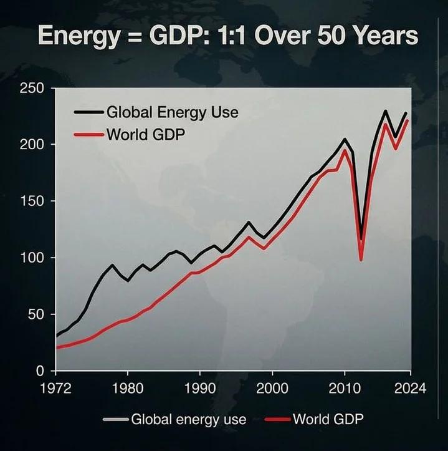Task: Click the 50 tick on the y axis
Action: tap(34, 314)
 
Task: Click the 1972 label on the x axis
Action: tap(55, 388)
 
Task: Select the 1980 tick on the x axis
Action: tap(127, 388)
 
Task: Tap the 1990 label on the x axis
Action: tap(199, 388)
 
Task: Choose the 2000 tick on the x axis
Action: tap(272, 388)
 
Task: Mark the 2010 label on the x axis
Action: tap(343, 388)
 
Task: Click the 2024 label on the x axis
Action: tap(410, 388)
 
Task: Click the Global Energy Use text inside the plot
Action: tap(172, 113)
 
